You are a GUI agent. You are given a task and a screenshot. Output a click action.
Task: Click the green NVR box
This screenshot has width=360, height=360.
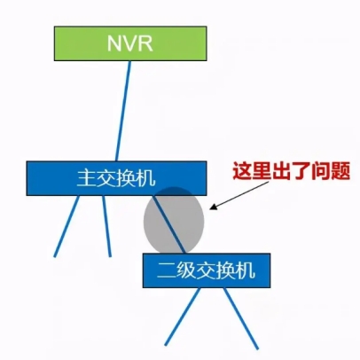point(130,43)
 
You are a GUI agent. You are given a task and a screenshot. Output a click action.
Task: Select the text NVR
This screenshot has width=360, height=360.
point(130,43)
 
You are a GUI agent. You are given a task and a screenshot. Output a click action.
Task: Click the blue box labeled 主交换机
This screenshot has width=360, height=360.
point(116,178)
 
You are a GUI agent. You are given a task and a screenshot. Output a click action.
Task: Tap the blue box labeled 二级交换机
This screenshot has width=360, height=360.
point(207,270)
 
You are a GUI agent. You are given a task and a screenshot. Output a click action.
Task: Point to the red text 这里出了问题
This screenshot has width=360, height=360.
point(291,171)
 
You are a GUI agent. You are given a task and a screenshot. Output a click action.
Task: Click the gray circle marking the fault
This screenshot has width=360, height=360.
point(174,220)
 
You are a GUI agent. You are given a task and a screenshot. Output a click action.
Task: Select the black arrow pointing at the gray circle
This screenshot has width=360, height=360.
point(239,196)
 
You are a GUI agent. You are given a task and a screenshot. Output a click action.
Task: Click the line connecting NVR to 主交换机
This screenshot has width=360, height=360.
point(123,111)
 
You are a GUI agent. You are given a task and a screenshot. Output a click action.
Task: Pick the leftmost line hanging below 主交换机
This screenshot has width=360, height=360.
point(67,226)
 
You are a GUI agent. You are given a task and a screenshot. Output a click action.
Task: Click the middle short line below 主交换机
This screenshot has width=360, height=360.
point(106,226)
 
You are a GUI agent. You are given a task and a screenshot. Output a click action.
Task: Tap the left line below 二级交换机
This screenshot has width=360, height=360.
point(183,317)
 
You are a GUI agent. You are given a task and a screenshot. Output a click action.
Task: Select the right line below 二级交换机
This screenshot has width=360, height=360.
point(240,318)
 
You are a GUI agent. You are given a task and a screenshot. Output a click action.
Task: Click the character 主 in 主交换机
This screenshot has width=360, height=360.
point(86,178)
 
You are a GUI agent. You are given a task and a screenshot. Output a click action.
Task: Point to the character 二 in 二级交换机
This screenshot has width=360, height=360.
point(167,270)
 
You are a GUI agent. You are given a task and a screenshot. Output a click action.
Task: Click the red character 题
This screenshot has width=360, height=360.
point(340,171)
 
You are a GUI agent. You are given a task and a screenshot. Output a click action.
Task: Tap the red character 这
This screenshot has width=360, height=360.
point(242,171)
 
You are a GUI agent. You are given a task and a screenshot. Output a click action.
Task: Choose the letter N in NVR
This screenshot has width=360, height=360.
point(114,43)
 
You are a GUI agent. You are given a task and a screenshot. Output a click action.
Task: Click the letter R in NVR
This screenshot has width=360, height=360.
point(146,43)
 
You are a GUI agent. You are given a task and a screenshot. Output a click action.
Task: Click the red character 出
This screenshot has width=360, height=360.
point(281,171)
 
